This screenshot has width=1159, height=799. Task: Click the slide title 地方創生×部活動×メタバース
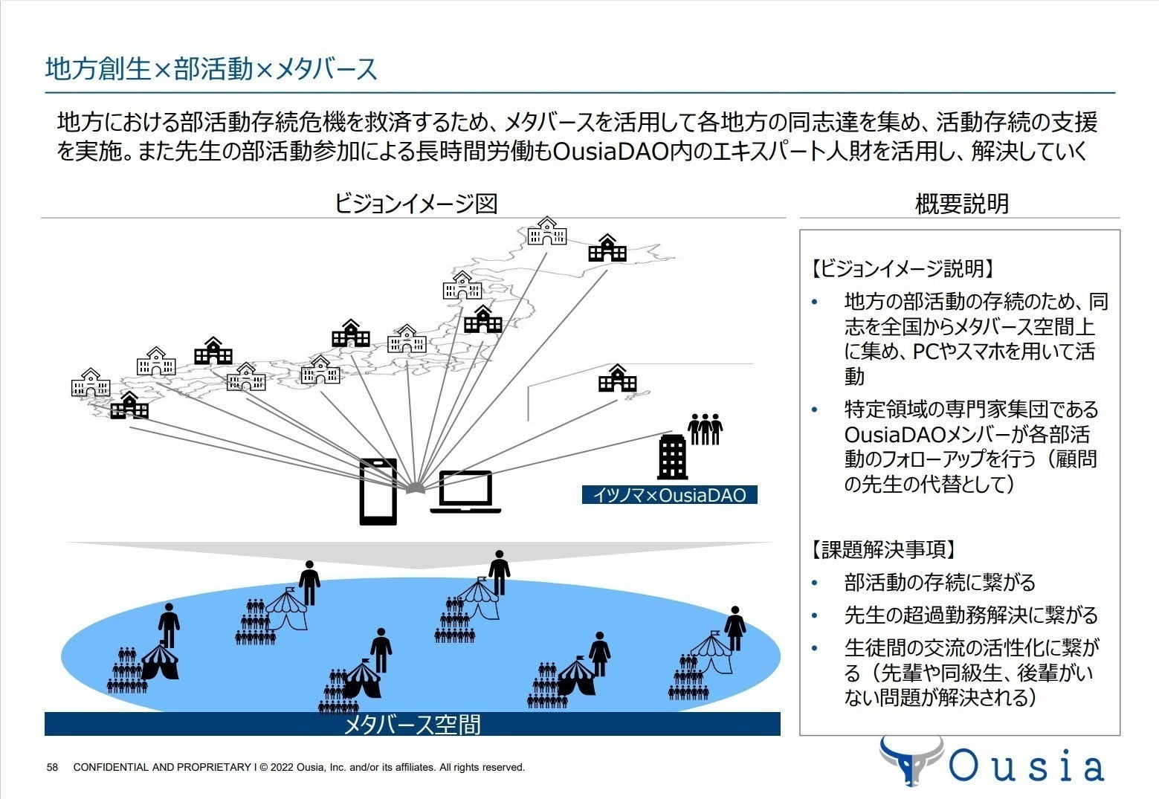coord(211,69)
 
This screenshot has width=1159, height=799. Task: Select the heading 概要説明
coord(961,203)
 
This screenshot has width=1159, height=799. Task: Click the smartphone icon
coord(378,491)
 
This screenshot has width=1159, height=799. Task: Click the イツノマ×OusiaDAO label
coord(669,495)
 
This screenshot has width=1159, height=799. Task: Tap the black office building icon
coord(673,457)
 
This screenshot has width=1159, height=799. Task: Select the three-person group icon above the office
coord(705,429)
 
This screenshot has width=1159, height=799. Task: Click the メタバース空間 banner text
coord(412,724)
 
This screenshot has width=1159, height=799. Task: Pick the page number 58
coord(52,767)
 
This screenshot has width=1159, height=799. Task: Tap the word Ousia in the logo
coord(1026,766)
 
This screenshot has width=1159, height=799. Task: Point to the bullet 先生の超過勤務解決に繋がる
coord(970,615)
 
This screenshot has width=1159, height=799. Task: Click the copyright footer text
coord(299,767)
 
